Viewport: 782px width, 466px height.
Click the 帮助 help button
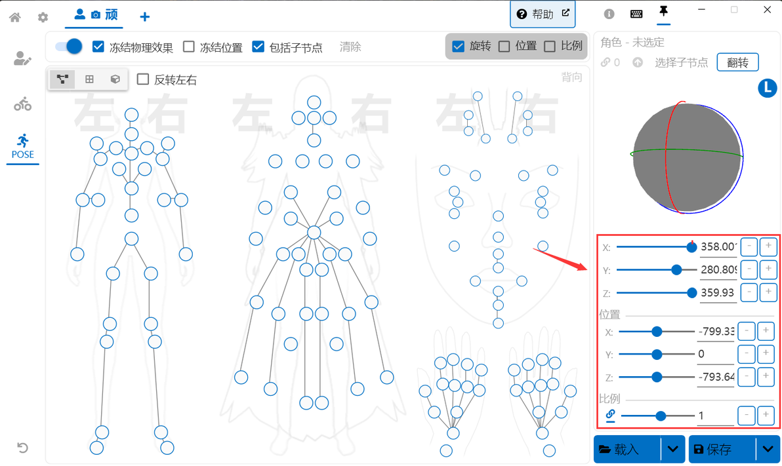(543, 14)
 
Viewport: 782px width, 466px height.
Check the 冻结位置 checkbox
(189, 47)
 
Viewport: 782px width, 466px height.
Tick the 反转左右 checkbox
(143, 79)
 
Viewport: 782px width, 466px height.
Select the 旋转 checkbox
(459, 46)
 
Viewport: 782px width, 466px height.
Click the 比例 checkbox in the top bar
(550, 46)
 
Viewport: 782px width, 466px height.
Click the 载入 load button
(627, 449)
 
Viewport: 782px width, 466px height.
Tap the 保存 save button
(721, 449)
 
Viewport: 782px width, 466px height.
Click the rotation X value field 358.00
(718, 247)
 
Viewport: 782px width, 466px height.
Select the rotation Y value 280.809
(718, 269)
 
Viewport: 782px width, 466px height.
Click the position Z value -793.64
(716, 377)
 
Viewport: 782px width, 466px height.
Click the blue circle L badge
(767, 88)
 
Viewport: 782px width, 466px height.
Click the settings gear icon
(43, 17)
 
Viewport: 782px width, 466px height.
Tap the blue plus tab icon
(145, 16)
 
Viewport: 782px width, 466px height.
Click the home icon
(15, 17)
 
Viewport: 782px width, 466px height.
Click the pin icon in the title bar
(663, 12)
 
